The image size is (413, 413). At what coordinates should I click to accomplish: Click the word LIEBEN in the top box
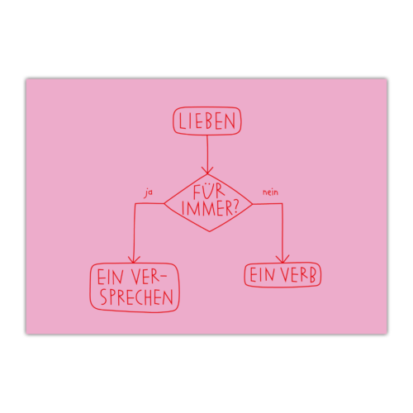(207, 121)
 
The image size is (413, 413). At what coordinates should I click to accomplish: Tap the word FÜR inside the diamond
(209, 192)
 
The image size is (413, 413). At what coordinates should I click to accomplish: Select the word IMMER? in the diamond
(210, 208)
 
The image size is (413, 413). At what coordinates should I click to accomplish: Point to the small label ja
(148, 192)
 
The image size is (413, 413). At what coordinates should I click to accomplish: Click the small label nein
(270, 192)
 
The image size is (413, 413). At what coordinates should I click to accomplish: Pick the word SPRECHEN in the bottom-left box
(136, 297)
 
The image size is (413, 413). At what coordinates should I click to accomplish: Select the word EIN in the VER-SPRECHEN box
(110, 277)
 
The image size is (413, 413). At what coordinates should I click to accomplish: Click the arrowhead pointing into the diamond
(207, 170)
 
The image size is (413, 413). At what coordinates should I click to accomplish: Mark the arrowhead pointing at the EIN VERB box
(282, 259)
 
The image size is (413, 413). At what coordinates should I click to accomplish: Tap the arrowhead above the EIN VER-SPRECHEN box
(134, 259)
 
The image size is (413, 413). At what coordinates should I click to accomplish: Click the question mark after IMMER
(235, 208)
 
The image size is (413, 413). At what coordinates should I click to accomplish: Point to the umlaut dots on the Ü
(209, 184)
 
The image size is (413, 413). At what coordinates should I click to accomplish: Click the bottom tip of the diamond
(209, 231)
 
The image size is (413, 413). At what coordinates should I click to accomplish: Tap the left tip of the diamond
(164, 204)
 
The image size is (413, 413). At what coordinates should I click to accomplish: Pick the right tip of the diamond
(252, 204)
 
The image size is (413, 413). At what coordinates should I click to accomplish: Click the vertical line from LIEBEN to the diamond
(207, 154)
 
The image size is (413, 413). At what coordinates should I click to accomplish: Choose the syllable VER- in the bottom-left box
(149, 276)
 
